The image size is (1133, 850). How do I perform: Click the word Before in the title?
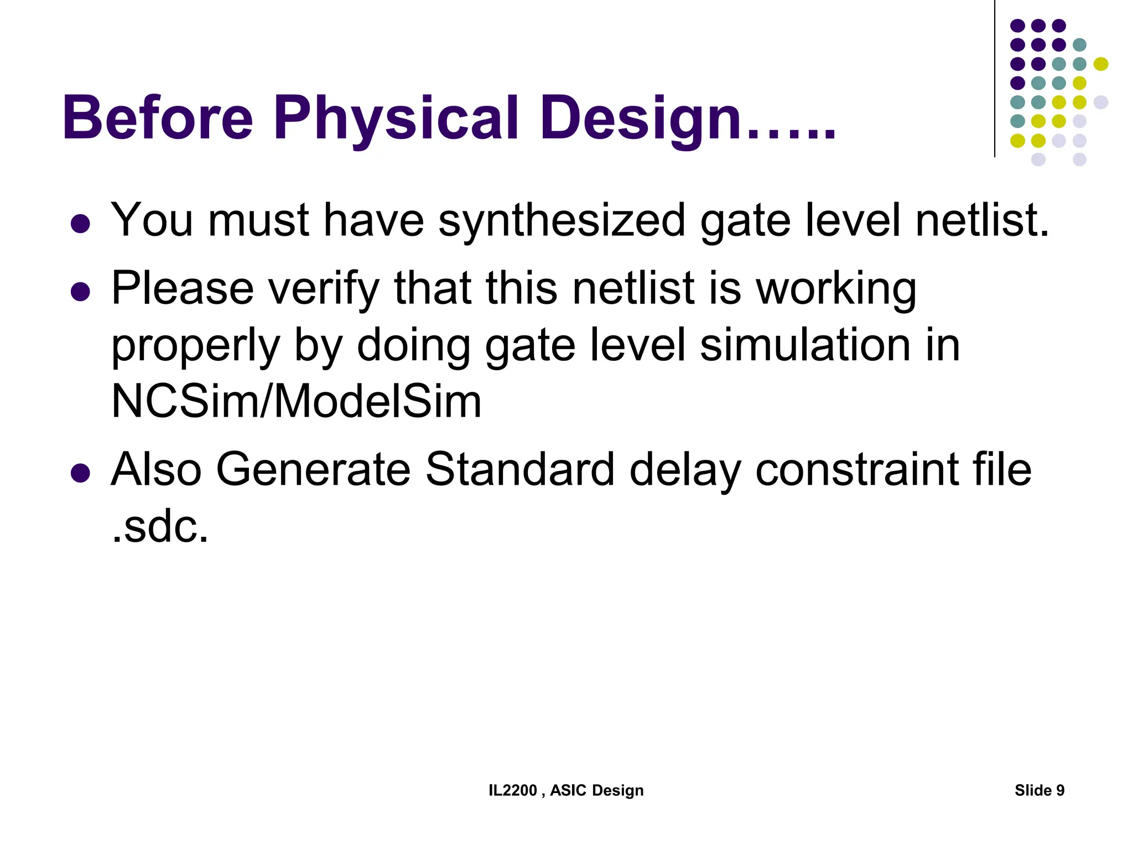pyautogui.click(x=158, y=118)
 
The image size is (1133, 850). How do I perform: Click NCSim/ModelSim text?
pyautogui.click(x=297, y=401)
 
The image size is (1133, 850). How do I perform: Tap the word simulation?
pyautogui.click(x=805, y=345)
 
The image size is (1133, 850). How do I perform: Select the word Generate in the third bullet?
pyautogui.click(x=313, y=469)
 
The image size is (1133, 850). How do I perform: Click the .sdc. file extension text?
pyautogui.click(x=160, y=526)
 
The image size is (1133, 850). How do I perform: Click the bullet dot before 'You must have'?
pyautogui.click(x=81, y=224)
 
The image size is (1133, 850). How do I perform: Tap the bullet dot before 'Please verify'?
pyautogui.click(x=81, y=292)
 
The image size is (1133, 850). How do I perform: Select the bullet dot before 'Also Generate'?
pyautogui.click(x=81, y=473)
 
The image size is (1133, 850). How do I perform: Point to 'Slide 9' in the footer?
pyautogui.click(x=1039, y=790)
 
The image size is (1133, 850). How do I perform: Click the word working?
pyautogui.click(x=836, y=289)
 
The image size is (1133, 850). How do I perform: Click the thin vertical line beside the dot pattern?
pyautogui.click(x=995, y=77)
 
